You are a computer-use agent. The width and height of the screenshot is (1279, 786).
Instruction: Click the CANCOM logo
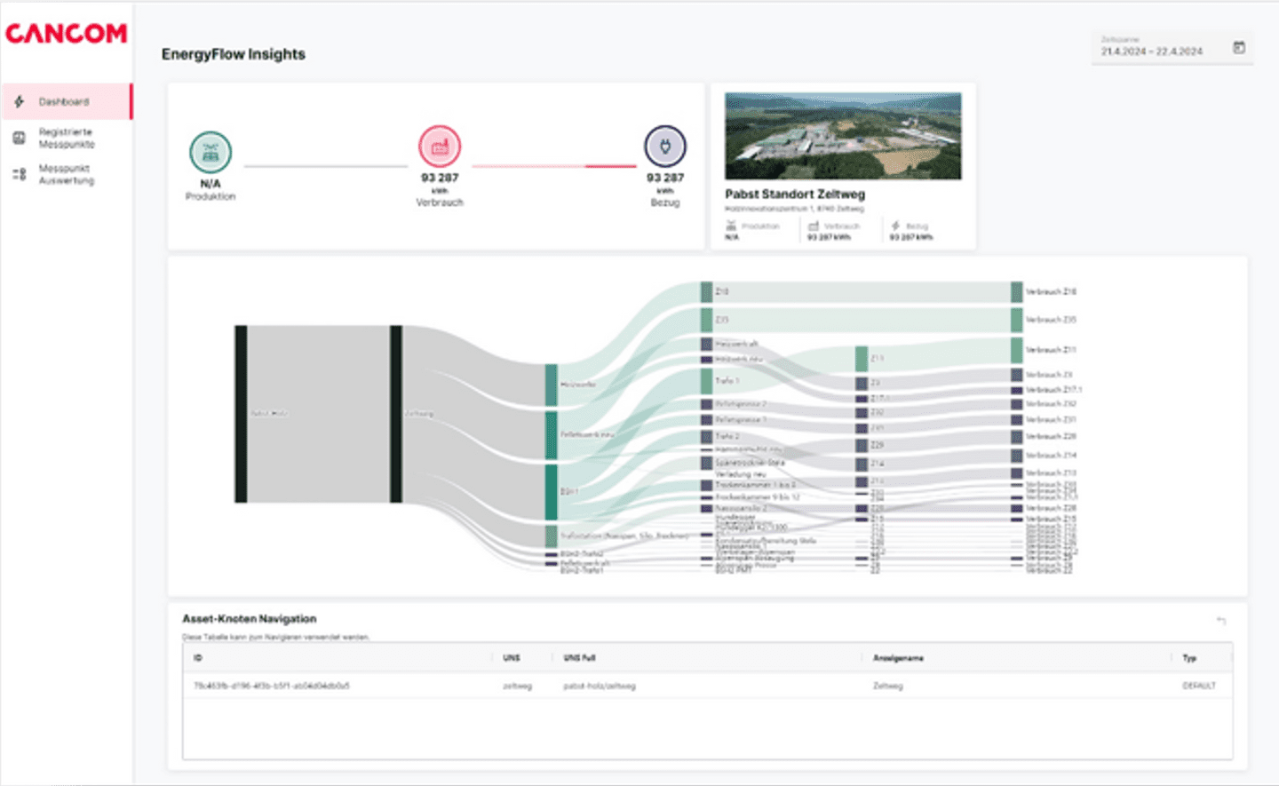tap(67, 34)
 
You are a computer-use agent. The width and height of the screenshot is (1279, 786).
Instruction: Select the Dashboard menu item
tap(63, 102)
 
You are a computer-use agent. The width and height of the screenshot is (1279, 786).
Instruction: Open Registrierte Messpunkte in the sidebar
tap(66, 138)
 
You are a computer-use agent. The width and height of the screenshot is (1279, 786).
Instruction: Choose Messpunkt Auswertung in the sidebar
tap(66, 174)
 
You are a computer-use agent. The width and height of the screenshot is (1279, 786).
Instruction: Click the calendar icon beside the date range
tap(1239, 48)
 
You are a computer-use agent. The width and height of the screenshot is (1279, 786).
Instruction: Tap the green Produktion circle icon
tap(211, 152)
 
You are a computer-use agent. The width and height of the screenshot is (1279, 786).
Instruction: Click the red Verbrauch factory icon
tap(440, 147)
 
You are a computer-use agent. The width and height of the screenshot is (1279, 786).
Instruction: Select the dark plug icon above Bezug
tap(665, 147)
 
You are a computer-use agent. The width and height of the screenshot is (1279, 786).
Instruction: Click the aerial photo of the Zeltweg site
tap(843, 136)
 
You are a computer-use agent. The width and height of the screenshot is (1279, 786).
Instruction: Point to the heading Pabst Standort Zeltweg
tap(794, 194)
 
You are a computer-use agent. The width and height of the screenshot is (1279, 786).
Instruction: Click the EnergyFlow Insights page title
tap(233, 54)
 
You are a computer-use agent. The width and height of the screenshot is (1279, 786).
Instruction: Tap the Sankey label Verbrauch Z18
tap(1051, 291)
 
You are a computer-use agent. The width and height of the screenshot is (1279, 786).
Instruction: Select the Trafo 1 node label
tap(727, 381)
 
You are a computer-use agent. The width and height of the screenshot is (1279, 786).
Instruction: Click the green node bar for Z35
tap(707, 319)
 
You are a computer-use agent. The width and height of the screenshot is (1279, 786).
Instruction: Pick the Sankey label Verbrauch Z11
tap(1051, 350)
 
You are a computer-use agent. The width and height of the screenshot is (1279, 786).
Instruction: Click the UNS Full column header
tap(579, 658)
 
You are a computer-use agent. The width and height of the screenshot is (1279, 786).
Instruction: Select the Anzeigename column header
tap(898, 658)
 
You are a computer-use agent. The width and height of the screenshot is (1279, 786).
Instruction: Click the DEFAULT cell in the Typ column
tap(1198, 686)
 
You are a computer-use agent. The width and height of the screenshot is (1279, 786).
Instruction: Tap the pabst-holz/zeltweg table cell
tap(599, 686)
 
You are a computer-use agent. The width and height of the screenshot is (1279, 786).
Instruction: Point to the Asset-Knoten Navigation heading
tap(249, 619)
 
